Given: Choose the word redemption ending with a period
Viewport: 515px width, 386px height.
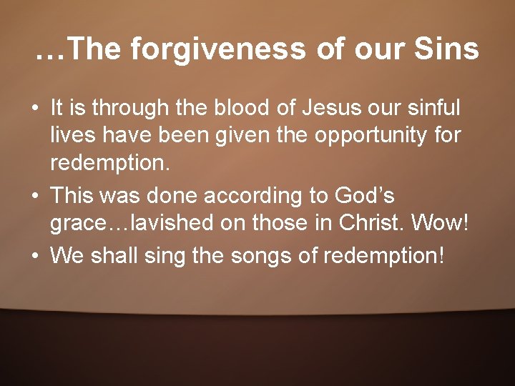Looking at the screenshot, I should [x=110, y=165].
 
